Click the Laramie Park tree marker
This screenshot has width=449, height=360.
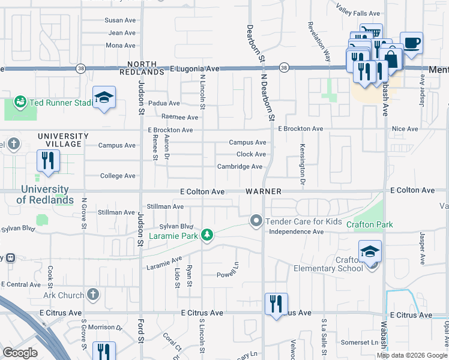coord(207,234)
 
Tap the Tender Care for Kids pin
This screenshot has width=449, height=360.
coord(256,221)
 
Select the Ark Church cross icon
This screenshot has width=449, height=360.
coord(92,294)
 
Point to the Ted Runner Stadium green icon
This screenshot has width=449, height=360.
coord(20,103)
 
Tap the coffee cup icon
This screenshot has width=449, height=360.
coord(411,43)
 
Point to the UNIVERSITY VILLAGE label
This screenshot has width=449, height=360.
coord(59,140)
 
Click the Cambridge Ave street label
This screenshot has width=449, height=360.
coord(240,166)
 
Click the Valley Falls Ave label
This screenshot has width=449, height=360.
coord(358,13)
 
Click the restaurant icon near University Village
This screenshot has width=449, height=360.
coord(47,161)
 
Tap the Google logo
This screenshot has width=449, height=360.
coord(20,353)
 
